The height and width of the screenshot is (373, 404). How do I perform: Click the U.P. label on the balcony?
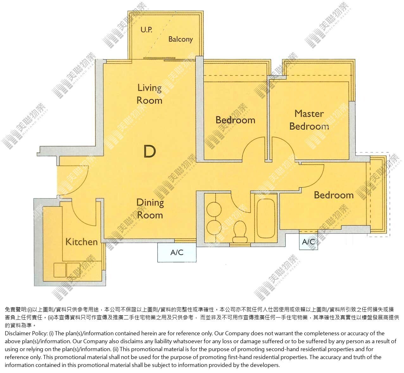(146, 30)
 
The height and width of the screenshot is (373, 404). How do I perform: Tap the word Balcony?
(180, 39)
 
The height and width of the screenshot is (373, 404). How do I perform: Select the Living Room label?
(149, 94)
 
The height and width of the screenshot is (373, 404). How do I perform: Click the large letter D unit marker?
(150, 151)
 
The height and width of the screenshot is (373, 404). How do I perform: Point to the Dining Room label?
(150, 209)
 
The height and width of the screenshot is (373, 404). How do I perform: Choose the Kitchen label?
(82, 242)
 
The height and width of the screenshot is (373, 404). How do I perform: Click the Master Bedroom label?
(309, 120)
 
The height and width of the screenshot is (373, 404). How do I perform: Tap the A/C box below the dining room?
(177, 252)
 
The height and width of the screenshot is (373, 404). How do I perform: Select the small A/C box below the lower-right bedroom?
(308, 241)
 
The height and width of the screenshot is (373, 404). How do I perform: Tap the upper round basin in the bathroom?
(214, 209)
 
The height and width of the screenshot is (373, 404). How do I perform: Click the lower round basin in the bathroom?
(214, 228)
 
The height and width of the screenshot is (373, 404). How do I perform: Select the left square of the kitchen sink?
(60, 270)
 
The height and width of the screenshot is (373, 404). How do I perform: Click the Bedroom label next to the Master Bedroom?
(235, 120)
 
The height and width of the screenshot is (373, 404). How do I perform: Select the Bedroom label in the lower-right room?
(334, 195)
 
